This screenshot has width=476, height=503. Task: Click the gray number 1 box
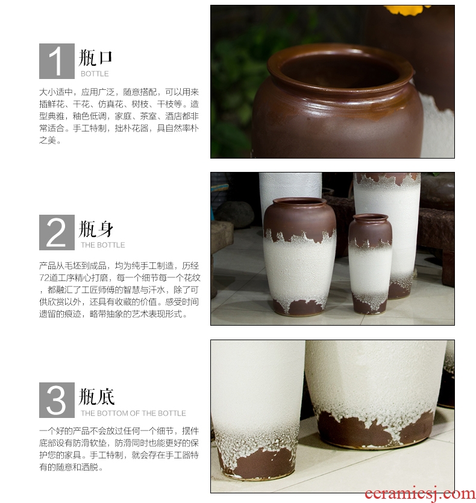click(57, 61)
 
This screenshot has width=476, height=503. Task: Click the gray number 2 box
click(57, 232)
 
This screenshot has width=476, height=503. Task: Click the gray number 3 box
click(57, 400)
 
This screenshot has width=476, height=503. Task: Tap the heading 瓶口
click(95, 57)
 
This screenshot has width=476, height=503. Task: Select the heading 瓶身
click(96, 229)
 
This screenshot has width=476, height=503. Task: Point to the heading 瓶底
click(96, 396)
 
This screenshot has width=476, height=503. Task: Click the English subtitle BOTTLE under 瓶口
click(95, 74)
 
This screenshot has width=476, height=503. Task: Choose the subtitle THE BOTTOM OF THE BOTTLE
click(133, 413)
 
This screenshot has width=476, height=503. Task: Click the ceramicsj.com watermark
click(420, 494)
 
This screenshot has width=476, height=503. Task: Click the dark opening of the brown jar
click(340, 69)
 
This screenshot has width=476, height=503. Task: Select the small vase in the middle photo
click(370, 264)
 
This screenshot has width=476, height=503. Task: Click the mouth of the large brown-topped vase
click(299, 202)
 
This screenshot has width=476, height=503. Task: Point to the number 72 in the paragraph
click(43, 278)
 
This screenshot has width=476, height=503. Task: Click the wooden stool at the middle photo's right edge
click(437, 244)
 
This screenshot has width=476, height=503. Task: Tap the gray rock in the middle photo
click(234, 214)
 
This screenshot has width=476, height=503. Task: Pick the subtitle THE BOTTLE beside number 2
click(102, 245)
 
